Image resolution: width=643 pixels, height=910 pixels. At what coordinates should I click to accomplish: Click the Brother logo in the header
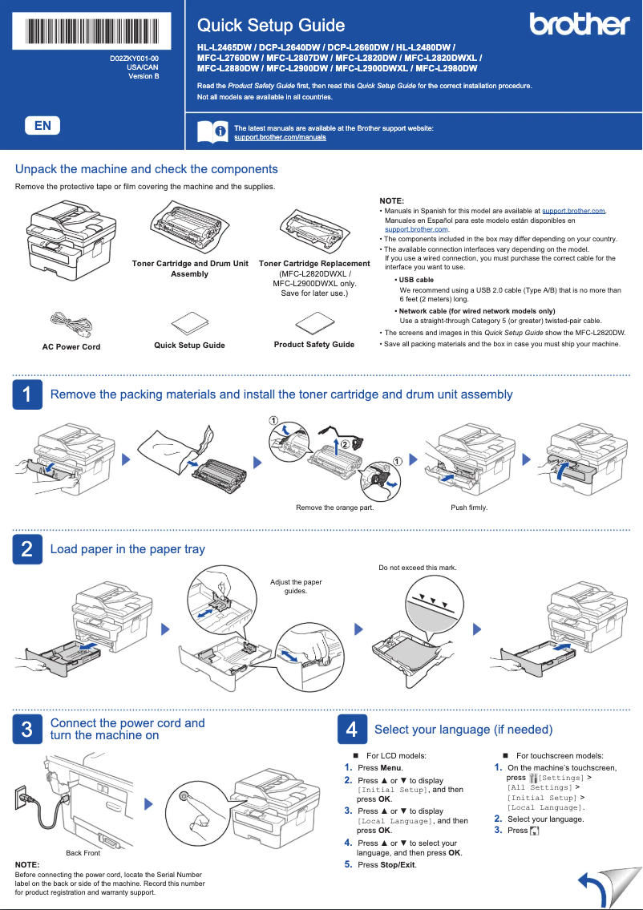[579, 25]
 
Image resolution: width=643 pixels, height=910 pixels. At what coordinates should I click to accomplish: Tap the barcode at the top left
[92, 31]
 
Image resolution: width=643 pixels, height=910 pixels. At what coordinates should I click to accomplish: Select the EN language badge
[42, 126]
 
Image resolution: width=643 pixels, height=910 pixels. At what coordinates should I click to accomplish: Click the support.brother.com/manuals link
[280, 138]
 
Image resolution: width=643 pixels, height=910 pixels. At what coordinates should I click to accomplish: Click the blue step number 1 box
[26, 394]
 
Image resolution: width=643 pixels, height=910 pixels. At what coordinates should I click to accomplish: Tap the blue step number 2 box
[26, 549]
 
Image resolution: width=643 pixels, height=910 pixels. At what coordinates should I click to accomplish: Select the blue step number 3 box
[26, 729]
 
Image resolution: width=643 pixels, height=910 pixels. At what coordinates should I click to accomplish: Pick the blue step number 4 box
[350, 729]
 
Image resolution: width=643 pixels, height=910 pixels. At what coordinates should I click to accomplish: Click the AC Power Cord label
[71, 347]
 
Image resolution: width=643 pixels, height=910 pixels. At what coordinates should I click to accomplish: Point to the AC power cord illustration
[71, 324]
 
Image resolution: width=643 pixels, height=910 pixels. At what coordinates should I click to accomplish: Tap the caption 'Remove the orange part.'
[334, 508]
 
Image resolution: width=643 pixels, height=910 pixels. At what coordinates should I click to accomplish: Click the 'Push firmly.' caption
[469, 508]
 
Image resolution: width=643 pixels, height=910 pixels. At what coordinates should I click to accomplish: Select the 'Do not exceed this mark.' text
[417, 568]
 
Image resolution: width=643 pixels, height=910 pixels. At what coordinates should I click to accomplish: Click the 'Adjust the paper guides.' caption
[296, 587]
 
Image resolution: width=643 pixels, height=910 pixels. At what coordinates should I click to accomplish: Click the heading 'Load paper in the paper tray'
[127, 549]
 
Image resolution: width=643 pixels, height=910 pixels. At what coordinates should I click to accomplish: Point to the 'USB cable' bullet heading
[416, 280]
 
